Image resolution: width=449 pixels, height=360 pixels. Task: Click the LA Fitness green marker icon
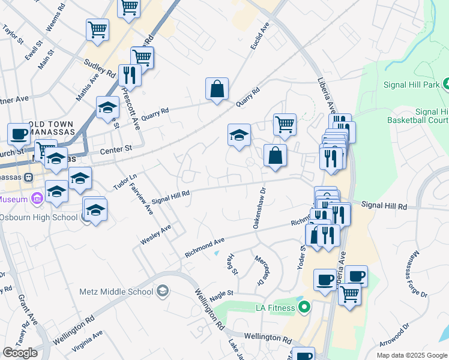[304, 308]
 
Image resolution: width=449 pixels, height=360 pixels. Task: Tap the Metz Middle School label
[116, 292]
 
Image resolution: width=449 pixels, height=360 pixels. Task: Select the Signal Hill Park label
[411, 85]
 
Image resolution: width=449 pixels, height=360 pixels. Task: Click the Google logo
[20, 353]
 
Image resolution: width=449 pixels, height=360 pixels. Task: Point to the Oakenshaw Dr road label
[259, 208]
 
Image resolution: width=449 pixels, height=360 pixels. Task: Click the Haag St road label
[232, 264]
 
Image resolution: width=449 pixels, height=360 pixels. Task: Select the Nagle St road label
[221, 293]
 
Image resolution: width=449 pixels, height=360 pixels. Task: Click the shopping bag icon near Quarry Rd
[217, 89]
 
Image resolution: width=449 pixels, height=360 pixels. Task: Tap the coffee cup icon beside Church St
[19, 134]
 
